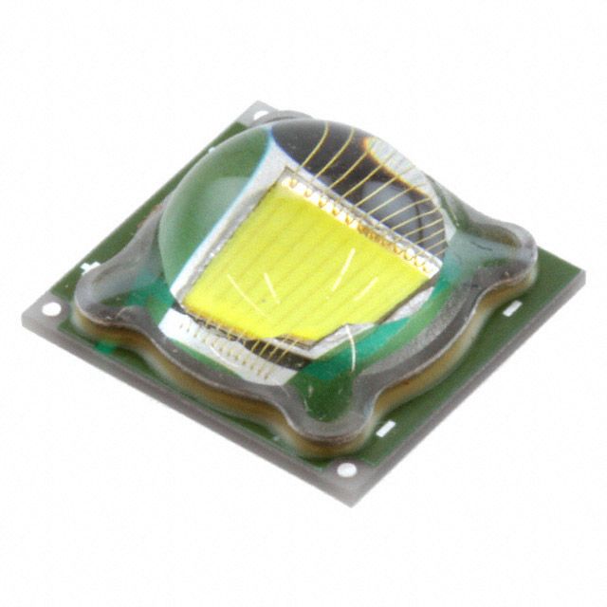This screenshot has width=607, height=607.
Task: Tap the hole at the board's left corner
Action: point(50,310)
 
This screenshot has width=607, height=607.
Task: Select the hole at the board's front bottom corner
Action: point(348,469)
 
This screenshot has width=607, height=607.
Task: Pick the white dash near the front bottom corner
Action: point(384,431)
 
